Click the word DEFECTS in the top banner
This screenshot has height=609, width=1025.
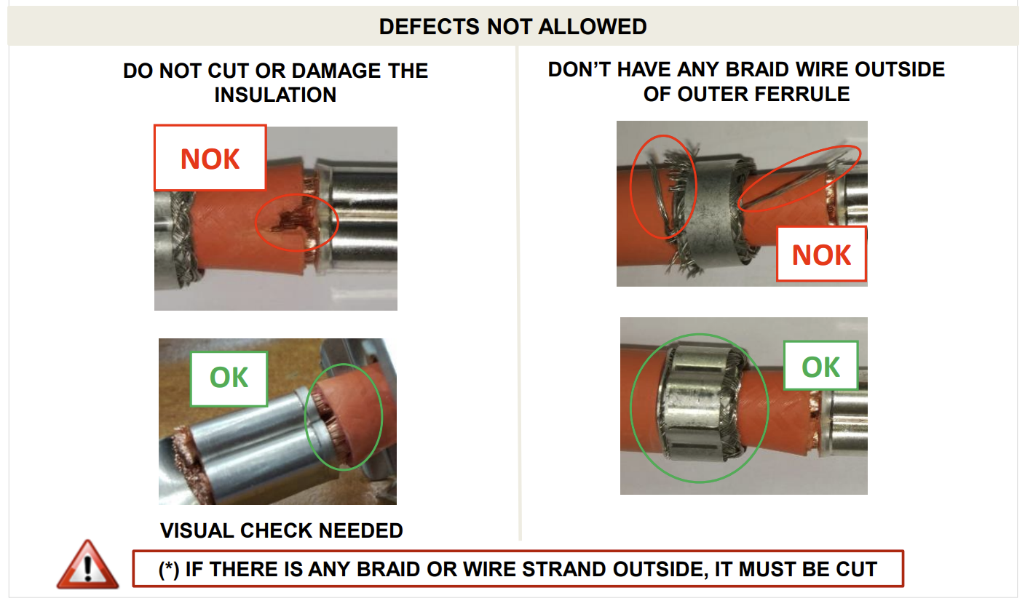430,26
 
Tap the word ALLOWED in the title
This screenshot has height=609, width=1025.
593,26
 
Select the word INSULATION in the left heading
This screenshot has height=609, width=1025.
275,95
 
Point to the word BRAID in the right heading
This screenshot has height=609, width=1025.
756,70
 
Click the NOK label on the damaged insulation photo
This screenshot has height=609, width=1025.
210,159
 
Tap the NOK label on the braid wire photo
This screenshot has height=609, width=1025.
821,255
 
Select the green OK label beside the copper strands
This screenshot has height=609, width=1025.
229,378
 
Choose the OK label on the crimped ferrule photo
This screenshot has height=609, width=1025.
821,367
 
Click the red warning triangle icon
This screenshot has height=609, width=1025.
87,565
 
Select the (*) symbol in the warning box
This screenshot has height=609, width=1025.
169,570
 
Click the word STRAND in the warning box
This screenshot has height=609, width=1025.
563,569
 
